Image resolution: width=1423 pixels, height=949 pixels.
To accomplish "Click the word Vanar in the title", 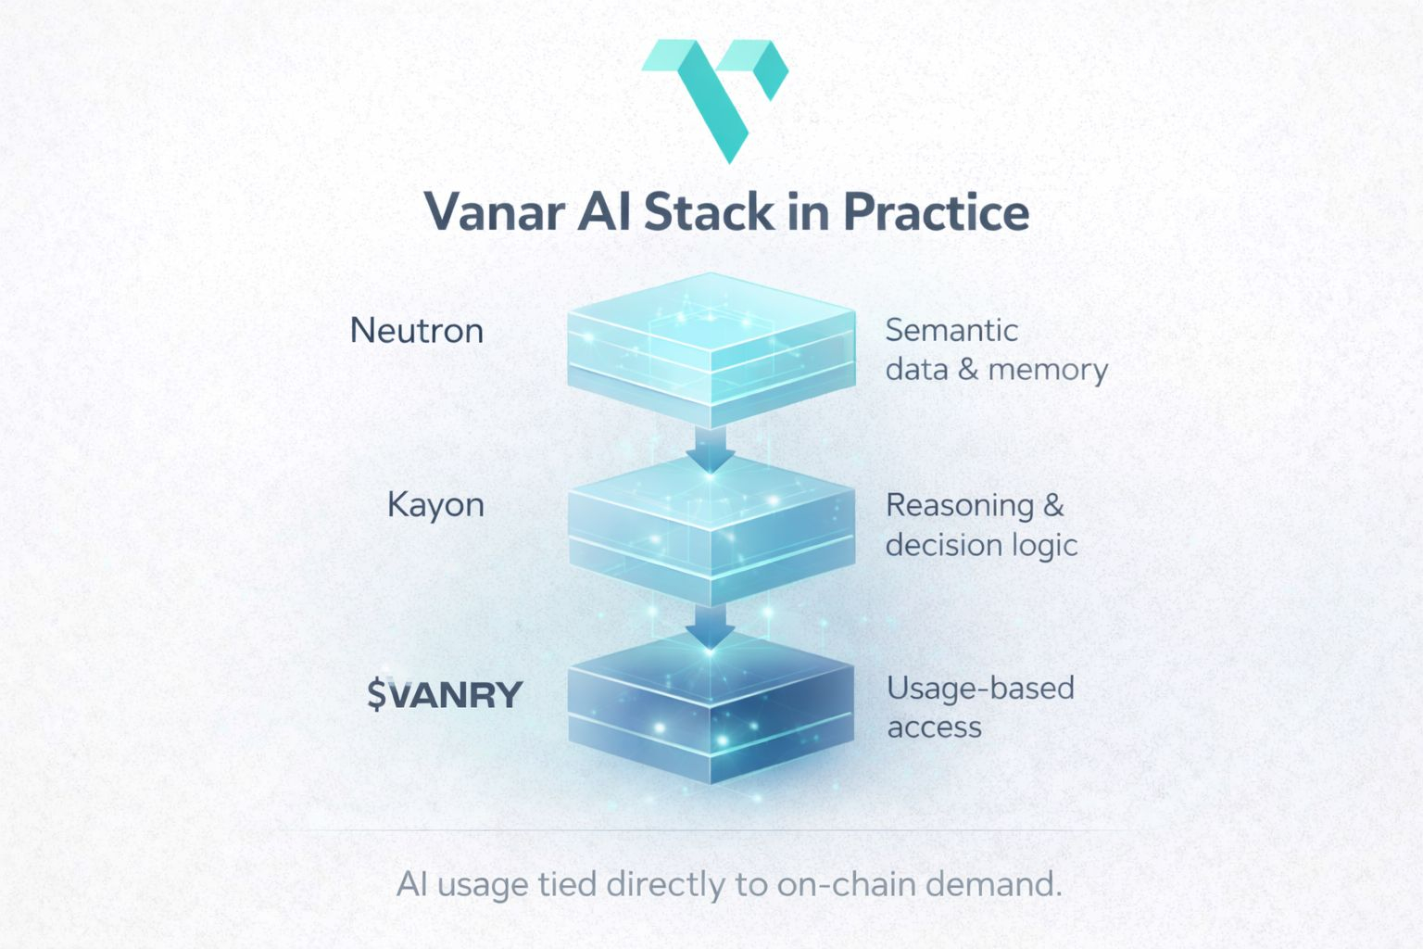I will coord(494,212).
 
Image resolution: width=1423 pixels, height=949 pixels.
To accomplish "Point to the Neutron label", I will coord(417,331).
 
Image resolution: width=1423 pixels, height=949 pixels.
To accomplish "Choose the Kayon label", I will coord(435,505).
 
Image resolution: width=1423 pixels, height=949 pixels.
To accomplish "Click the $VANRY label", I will coord(445,694).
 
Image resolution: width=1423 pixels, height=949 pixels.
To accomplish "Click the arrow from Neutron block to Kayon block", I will coord(710,449).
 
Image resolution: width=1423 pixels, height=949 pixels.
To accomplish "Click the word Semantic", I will coord(951,330).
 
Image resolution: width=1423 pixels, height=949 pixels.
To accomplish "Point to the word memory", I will coord(1048,370).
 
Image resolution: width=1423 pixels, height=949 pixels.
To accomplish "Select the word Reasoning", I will coord(960,506).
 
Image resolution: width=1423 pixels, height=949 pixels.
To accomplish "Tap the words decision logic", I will coord(981,545).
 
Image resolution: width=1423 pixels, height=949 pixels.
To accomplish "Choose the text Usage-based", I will coord(980,689).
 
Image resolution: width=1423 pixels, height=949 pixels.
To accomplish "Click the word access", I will coord(934,728).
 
